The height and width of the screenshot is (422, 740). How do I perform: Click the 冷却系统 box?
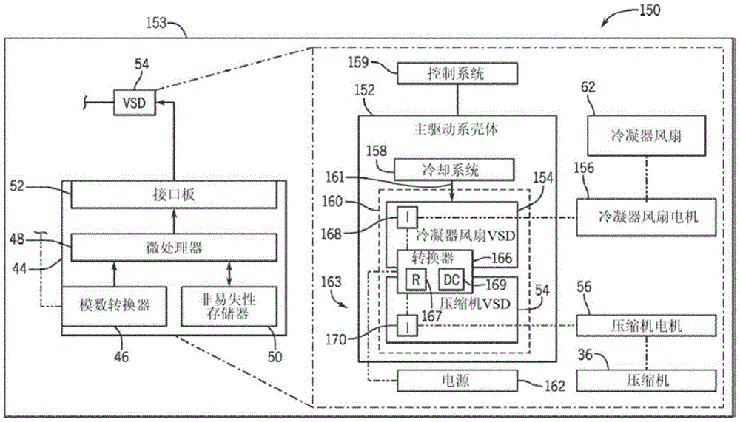point(453,169)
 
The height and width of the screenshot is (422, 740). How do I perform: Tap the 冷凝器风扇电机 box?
point(646,217)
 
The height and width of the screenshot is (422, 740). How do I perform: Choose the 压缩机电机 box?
point(646,324)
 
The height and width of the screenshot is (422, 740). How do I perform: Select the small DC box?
point(451,279)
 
